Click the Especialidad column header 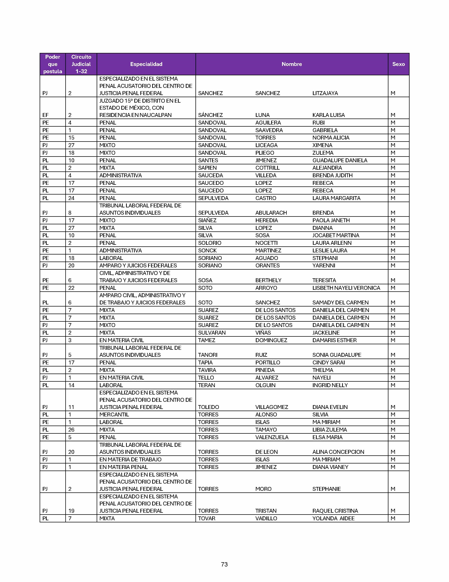pos(146,64)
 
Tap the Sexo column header pos(398,64)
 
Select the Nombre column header pos(292,64)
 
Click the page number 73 pos(224,564)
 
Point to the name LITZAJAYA pos(325,93)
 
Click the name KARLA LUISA pos(329,115)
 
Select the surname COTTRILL pos(267,168)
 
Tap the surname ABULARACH pos(271,213)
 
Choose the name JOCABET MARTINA pos(336,235)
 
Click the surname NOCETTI pos(266,243)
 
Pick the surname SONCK pos(207,250)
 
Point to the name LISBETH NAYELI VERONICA pos(346,288)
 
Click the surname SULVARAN pos(212,333)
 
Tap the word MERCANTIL pos(114,415)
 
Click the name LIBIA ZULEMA pos(330,430)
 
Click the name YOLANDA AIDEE pos(333,518)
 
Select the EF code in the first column pos(45,115)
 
